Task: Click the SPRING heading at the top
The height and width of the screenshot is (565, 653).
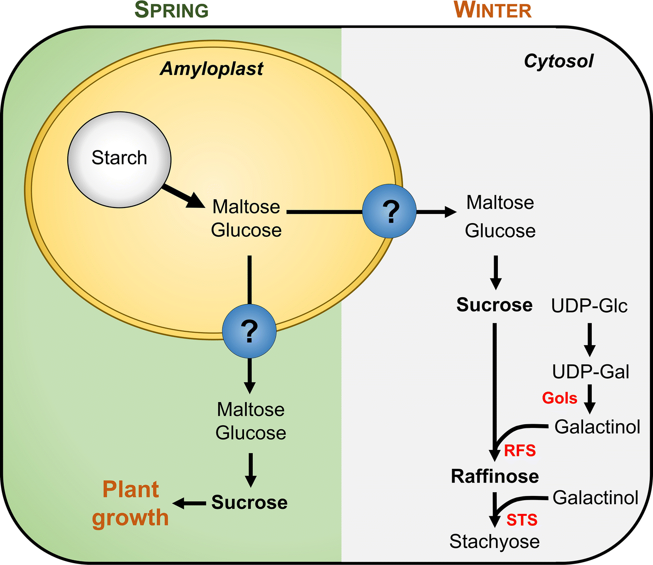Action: pyautogui.click(x=171, y=10)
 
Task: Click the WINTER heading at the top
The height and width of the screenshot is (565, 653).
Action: pyautogui.click(x=493, y=10)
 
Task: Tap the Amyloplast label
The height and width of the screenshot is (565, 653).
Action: pyautogui.click(x=211, y=69)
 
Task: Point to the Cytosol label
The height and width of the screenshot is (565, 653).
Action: pyautogui.click(x=559, y=61)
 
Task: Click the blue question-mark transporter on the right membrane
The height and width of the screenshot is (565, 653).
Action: pyautogui.click(x=389, y=211)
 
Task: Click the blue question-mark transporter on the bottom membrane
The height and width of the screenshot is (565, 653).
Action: pyautogui.click(x=249, y=330)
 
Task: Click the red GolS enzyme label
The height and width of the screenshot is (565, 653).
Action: pyautogui.click(x=560, y=398)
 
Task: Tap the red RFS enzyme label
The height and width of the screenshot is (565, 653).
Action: pyautogui.click(x=520, y=450)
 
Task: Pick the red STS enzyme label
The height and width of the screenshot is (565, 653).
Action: pyautogui.click(x=522, y=520)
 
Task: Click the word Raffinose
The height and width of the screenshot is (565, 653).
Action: pyautogui.click(x=495, y=476)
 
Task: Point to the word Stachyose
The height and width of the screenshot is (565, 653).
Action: pyautogui.click(x=494, y=542)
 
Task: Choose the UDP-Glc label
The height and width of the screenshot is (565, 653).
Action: pyautogui.click(x=589, y=306)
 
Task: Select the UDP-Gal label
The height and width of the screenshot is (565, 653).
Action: pyautogui.click(x=590, y=372)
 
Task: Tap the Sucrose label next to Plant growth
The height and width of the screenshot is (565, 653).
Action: pyautogui.click(x=249, y=502)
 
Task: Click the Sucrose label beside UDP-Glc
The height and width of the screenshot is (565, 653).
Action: pyautogui.click(x=494, y=305)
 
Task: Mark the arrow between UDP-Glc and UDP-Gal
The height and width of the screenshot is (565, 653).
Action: pyautogui.click(x=589, y=339)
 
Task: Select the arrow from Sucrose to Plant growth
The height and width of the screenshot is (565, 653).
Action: pyautogui.click(x=189, y=503)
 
